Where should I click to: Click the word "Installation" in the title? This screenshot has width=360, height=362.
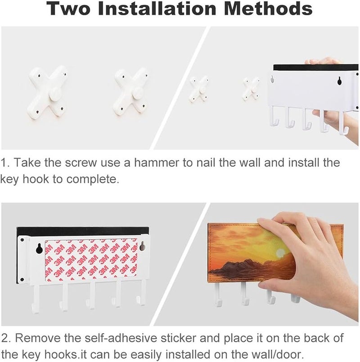point(157,9)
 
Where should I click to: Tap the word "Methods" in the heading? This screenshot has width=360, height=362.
point(268,9)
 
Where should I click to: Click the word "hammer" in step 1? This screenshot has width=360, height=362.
point(157,163)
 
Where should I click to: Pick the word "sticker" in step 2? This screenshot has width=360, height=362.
point(178,338)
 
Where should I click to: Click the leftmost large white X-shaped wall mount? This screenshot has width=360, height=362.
point(47,93)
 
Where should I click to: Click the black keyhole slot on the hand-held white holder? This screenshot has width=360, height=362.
point(339,81)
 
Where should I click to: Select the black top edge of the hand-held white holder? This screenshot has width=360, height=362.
point(316,68)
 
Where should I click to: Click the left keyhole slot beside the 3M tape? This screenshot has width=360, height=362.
point(39,249)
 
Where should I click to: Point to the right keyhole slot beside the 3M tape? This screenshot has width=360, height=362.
point(142,246)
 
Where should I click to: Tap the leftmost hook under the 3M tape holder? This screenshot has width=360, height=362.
point(36,299)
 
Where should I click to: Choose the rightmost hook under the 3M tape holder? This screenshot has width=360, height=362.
point(140,293)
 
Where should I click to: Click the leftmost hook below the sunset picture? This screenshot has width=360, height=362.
point(218,294)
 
